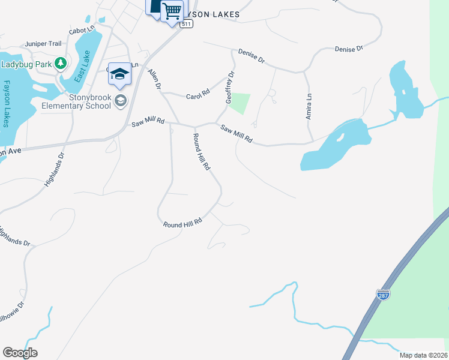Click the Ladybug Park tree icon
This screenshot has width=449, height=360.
(x=60, y=63)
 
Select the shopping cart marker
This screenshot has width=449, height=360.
(x=172, y=10)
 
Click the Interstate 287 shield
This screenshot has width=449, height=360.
(x=383, y=295)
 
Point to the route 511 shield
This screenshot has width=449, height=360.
(x=187, y=24)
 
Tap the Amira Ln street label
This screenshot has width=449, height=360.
(x=309, y=106)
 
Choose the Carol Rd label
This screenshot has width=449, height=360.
(x=197, y=95)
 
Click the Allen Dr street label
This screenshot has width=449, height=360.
(x=155, y=79)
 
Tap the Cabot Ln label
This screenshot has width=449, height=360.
(x=82, y=29)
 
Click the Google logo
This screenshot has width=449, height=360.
(x=20, y=353)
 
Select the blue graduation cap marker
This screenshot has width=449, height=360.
(x=119, y=74)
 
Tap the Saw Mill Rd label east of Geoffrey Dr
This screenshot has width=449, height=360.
(x=236, y=134)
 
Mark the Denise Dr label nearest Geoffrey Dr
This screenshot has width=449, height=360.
(x=252, y=56)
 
